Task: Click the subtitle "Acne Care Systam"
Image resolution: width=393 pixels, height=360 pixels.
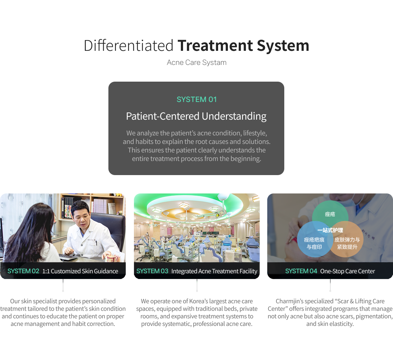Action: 196,63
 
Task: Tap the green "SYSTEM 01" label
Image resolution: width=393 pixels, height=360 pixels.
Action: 196,99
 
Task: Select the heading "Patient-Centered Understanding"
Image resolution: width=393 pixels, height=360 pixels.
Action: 196,116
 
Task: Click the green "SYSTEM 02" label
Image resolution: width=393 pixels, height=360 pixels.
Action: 23,271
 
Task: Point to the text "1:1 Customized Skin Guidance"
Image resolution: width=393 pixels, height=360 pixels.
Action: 80,271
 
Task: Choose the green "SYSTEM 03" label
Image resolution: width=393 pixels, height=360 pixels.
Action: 152,271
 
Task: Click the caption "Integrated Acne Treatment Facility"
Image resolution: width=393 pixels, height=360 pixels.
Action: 214,271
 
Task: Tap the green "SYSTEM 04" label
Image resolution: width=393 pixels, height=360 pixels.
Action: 301,271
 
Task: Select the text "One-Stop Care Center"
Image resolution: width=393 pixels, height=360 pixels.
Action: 347,271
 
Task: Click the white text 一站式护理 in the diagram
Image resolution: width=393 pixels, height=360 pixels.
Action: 330,230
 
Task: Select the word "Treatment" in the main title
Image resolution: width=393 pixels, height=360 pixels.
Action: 215,46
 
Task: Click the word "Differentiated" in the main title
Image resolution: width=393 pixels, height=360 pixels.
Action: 128,46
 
